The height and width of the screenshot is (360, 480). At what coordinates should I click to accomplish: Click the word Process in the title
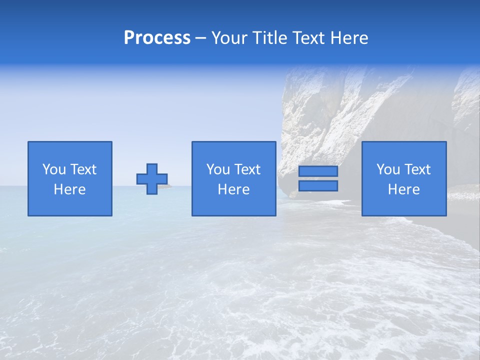(157, 38)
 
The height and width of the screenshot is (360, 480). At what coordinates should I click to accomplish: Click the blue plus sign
(152, 179)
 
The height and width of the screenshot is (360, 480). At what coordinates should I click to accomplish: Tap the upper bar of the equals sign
(318, 171)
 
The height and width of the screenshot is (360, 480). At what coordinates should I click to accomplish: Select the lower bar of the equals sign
(318, 186)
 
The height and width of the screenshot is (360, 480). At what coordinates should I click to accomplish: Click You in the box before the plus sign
(54, 169)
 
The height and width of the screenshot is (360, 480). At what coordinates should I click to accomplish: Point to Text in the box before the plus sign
(83, 169)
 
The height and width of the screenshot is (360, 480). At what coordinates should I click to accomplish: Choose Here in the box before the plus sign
(69, 189)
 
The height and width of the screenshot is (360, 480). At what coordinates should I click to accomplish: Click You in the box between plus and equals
(218, 169)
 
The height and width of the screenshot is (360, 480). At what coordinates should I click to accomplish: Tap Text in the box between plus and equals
(247, 169)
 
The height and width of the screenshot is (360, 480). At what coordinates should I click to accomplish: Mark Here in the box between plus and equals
(233, 189)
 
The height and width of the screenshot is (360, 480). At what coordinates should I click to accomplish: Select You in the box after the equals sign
(388, 169)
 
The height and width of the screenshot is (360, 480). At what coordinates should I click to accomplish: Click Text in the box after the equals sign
(417, 169)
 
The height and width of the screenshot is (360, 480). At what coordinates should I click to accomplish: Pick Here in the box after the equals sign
(403, 189)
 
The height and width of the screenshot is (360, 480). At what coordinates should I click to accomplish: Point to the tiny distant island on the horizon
(170, 185)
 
